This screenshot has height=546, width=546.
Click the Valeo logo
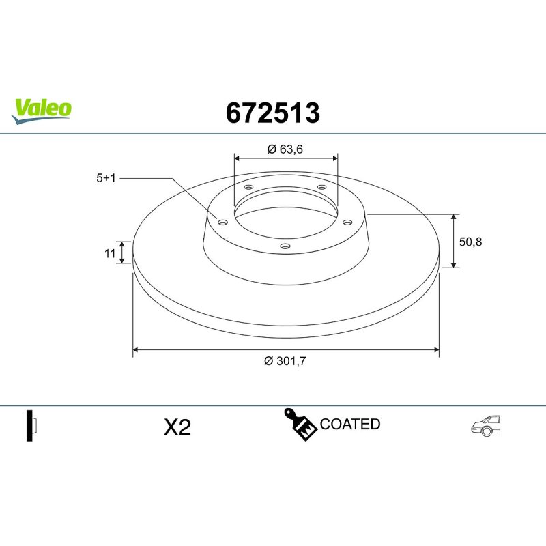(x=42, y=111)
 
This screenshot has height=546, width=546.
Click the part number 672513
(x=272, y=113)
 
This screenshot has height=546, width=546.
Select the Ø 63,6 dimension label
(x=285, y=149)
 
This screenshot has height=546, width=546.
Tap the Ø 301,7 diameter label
(x=285, y=361)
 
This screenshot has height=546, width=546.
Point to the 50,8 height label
(x=470, y=242)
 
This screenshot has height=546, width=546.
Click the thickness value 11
(x=110, y=253)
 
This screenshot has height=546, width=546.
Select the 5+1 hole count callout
(x=106, y=178)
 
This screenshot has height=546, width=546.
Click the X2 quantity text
(x=177, y=427)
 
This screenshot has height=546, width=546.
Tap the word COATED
(x=350, y=424)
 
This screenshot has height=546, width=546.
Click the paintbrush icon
(x=300, y=425)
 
